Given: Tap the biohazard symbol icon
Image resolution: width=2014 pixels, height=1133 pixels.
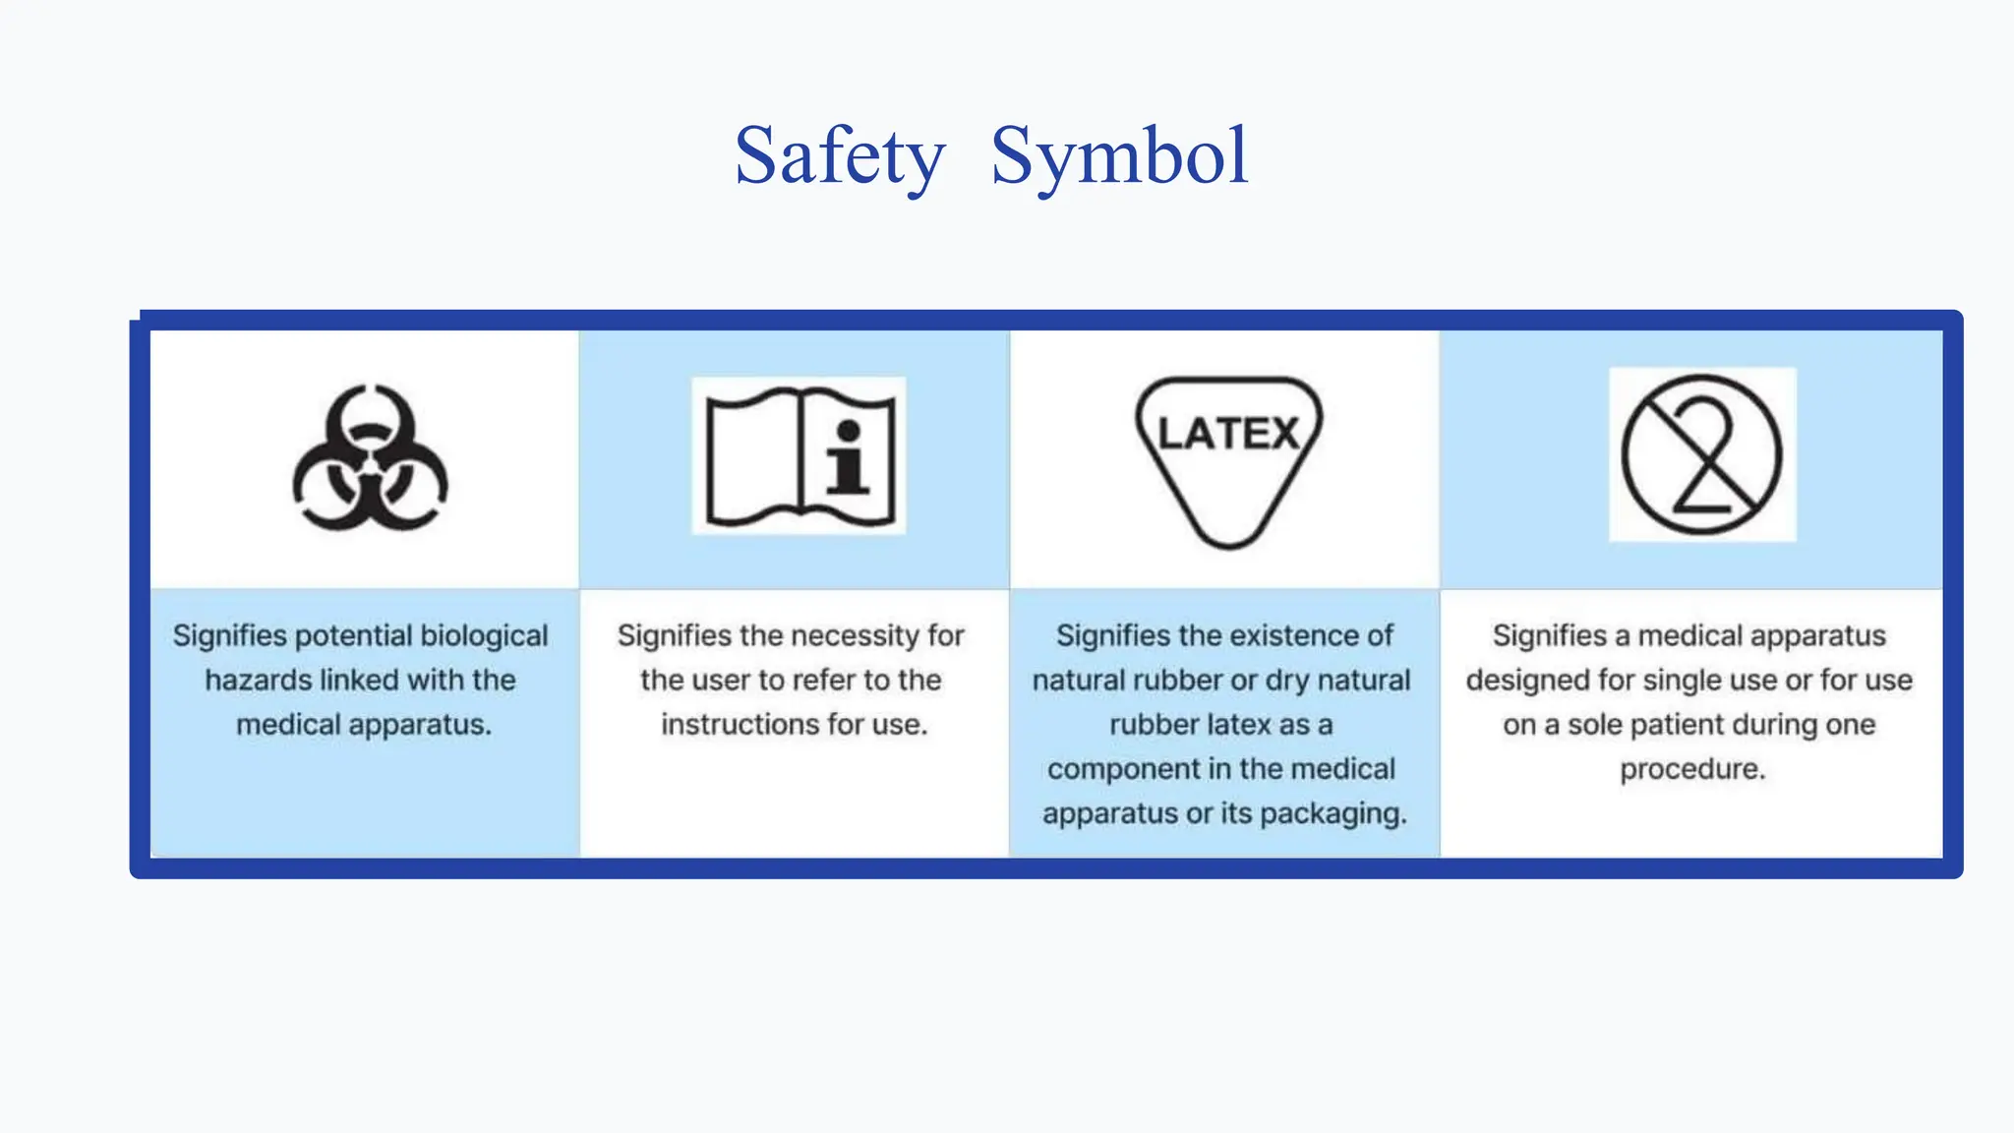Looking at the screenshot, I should click(370, 458).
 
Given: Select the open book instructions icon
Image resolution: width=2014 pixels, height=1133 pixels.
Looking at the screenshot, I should click(800, 456).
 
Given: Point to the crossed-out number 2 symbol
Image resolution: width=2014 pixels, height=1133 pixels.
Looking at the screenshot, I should click(1701, 455).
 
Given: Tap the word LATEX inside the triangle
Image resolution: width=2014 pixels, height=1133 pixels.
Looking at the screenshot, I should click(1228, 434).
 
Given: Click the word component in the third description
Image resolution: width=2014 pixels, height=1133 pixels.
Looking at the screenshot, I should click(1115, 769).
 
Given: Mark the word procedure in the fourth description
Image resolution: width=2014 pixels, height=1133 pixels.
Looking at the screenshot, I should click(1692, 769).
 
